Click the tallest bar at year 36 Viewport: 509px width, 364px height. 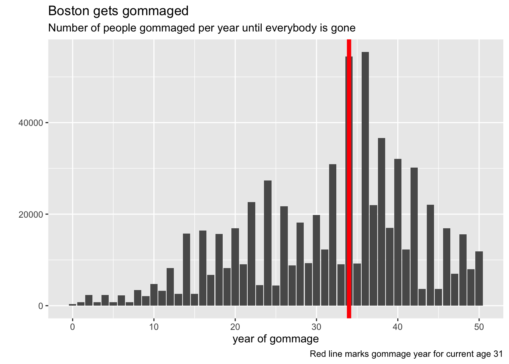(x=365, y=178)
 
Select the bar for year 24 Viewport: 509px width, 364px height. (x=268, y=243)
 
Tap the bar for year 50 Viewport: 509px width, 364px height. (x=479, y=278)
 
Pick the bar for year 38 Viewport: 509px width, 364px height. (x=381, y=222)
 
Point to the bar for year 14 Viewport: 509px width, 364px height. (x=186, y=269)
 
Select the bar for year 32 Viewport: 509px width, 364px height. (x=333, y=235)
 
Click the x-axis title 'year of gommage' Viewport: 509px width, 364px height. (x=276, y=339)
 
